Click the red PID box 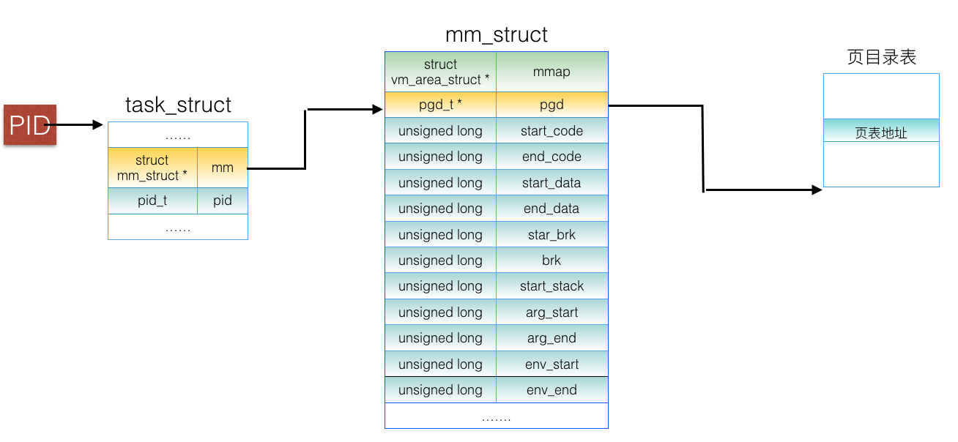point(30,125)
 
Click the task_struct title point(178,105)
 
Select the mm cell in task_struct point(223,168)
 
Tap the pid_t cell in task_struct point(152,201)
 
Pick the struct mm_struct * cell point(152,168)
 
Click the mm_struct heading point(496,35)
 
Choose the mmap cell point(552,72)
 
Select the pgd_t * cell point(440,105)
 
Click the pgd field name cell point(552,105)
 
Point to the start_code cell point(552,131)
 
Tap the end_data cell point(552,209)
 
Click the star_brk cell point(552,235)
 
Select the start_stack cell point(552,286)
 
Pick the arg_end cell point(552,338)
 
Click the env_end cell point(552,390)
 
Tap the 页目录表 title point(881,57)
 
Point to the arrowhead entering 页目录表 point(817,190)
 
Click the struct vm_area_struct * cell point(440,72)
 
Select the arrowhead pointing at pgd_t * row point(378,110)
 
